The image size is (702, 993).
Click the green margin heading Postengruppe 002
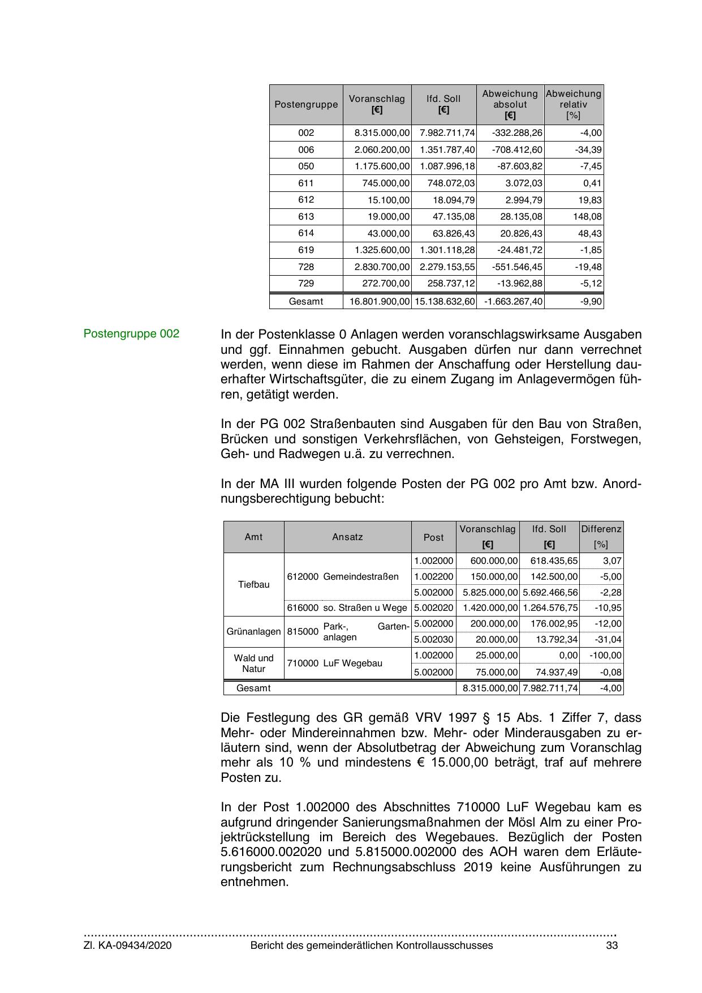pyautogui.click(x=131, y=334)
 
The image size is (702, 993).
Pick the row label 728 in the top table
pyautogui.click(x=306, y=267)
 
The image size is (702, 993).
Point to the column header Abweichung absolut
pyautogui.click(x=510, y=105)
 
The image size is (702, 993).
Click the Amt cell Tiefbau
pyautogui.click(x=253, y=585)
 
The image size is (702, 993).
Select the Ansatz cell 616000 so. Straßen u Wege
pyautogui.click(x=347, y=608)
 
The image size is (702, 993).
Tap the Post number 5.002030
pyautogui.click(x=434, y=640)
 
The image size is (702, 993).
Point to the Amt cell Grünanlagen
pyautogui.click(x=253, y=631)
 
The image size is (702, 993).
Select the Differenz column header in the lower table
pyautogui.click(x=601, y=529)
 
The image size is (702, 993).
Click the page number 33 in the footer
pyautogui.click(x=611, y=946)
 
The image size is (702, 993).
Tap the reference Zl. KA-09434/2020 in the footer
pyautogui.click(x=128, y=946)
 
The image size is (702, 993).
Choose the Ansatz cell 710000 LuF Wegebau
pyautogui.click(x=347, y=664)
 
